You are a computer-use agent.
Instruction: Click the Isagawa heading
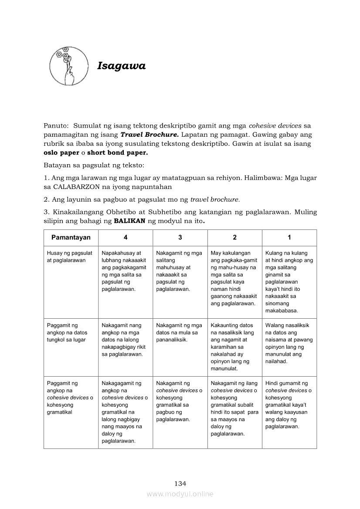coord(121,66)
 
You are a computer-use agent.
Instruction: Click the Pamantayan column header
coord(71,237)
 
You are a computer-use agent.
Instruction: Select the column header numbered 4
coord(126,237)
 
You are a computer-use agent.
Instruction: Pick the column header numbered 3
coord(180,237)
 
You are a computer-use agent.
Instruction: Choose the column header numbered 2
coord(235,237)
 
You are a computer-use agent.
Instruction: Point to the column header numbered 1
coord(289,237)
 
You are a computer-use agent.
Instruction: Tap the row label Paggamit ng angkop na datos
coord(67,332)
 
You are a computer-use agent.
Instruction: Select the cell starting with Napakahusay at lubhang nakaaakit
coord(124,271)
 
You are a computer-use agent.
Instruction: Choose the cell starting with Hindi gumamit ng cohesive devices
coord(288,405)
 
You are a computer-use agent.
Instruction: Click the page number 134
coord(180,483)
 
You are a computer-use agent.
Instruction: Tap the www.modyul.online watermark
coord(180,494)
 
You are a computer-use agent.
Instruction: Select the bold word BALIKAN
coord(129,221)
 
